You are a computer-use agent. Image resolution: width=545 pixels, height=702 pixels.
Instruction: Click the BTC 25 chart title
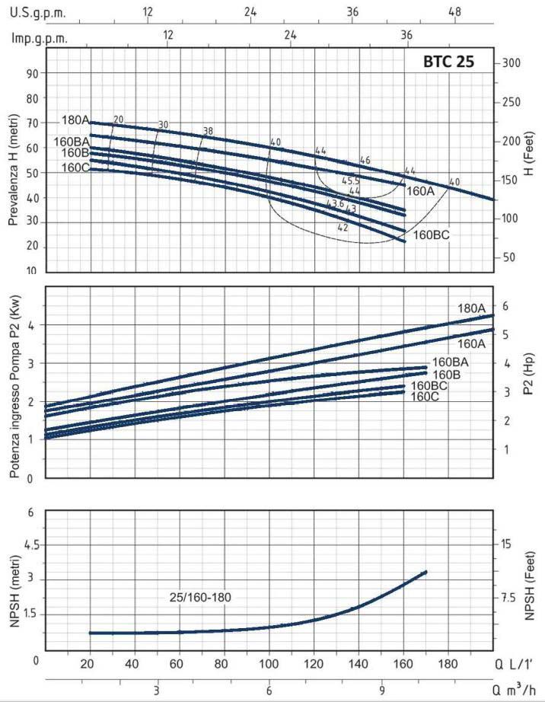[x=448, y=62]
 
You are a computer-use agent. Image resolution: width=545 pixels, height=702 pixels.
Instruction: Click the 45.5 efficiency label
[x=350, y=181]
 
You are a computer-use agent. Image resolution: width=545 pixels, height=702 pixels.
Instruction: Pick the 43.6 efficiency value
[x=335, y=203]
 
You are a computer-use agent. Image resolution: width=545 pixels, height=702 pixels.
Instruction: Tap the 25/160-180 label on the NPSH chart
[x=199, y=597]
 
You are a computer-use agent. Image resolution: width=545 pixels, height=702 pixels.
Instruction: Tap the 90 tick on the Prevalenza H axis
[x=31, y=74]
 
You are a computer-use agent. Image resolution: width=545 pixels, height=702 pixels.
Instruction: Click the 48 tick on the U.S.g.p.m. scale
[x=455, y=12]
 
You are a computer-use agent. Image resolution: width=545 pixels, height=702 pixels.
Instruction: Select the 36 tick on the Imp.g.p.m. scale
[x=406, y=35]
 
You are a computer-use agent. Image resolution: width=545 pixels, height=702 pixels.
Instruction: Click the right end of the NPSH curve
[x=425, y=572]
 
